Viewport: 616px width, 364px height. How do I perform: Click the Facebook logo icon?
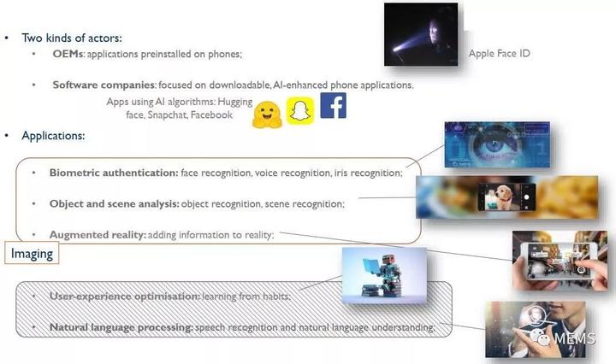[333, 105]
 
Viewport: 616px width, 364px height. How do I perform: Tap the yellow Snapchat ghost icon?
[300, 111]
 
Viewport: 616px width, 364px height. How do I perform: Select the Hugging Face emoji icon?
[267, 114]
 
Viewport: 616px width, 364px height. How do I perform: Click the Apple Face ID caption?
[500, 53]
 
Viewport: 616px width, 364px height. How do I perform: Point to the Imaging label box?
[32, 253]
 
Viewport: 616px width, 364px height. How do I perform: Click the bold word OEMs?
[68, 54]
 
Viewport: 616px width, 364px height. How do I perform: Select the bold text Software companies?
[104, 85]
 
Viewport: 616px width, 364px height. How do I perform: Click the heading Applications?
[53, 136]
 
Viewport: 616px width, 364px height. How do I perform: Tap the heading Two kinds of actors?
[72, 38]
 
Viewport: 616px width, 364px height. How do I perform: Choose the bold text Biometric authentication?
[114, 173]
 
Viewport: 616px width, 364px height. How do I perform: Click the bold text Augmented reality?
[98, 235]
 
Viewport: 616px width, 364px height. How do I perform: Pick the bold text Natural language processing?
[121, 327]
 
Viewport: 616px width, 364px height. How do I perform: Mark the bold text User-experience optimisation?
[125, 296]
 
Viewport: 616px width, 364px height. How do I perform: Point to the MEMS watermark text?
[574, 338]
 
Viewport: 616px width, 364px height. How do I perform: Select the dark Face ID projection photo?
[421, 34]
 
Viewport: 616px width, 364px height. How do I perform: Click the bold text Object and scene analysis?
[115, 204]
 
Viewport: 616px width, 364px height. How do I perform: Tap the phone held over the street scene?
[558, 261]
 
